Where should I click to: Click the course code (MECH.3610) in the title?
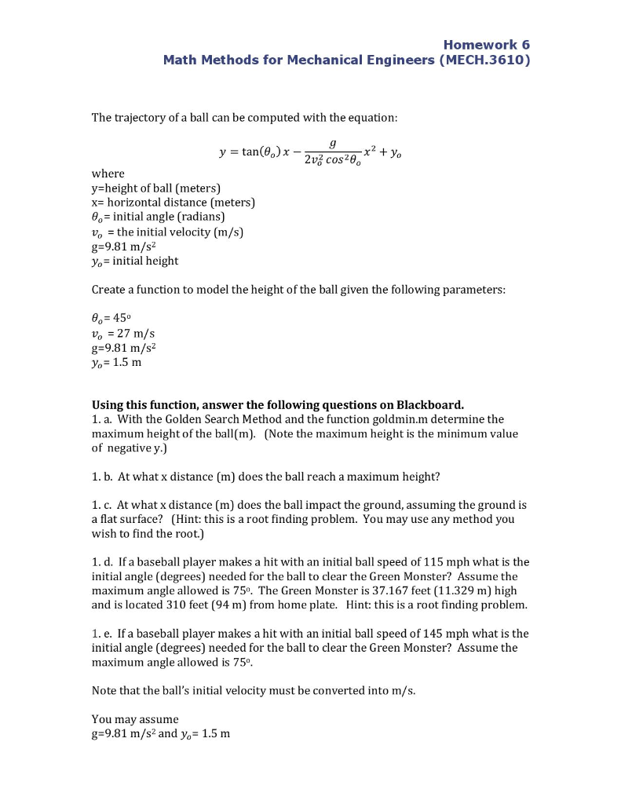(485, 60)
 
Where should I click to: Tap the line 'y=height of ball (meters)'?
(156, 188)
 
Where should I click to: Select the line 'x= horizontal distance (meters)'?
(173, 202)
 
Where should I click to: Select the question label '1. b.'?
(104, 477)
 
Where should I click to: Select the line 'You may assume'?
(135, 718)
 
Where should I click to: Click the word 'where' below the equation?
(108, 173)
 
